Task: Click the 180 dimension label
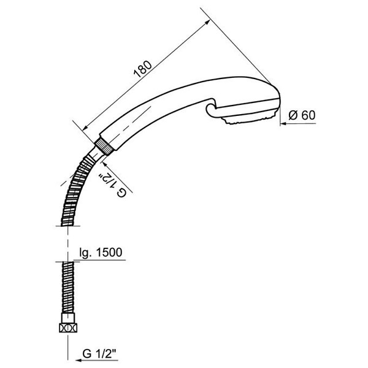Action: point(143,69)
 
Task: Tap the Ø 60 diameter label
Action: point(302,115)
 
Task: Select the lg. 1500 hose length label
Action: point(101,253)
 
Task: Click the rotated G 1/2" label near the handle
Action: point(113,185)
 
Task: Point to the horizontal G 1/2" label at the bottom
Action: point(100,354)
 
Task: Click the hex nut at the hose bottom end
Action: point(68,328)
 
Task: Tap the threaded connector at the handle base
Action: point(104,147)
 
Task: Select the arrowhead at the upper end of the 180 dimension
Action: point(207,22)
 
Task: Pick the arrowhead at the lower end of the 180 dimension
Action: point(86,128)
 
